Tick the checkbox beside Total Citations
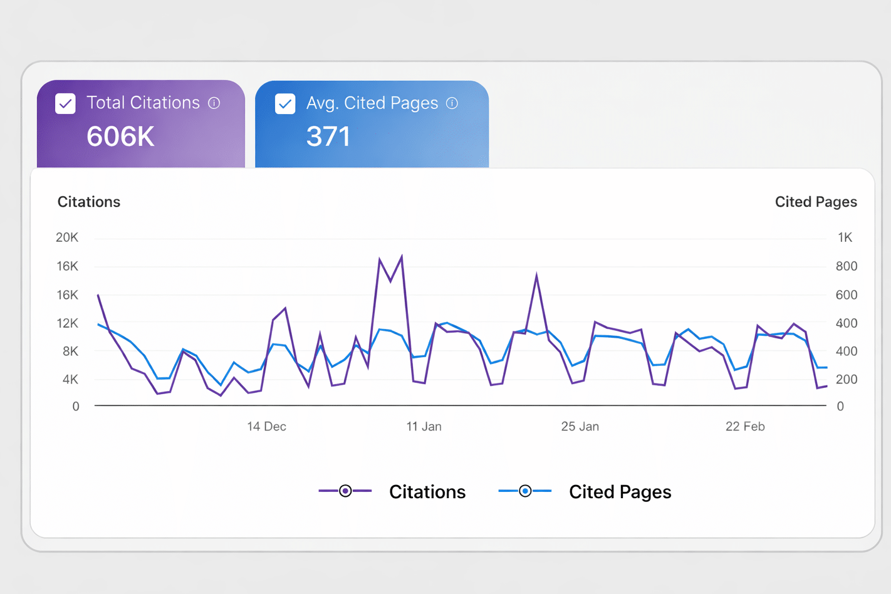pos(66,103)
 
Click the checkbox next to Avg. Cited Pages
pos(285,103)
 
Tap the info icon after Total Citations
pos(214,103)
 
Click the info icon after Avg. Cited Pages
pos(452,103)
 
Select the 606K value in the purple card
pos(120,137)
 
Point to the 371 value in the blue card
pos(328,137)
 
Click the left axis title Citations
pos(89,202)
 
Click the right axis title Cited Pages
pos(815,202)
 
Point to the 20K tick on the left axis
pos(67,237)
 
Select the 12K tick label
pos(67,323)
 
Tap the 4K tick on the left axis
pos(70,379)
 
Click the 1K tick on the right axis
pos(845,237)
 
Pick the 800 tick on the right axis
pos(846,266)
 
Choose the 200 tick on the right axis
pos(846,379)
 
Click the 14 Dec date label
pos(266,427)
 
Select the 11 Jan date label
pos(424,427)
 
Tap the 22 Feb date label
pos(744,427)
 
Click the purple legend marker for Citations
pos(345,491)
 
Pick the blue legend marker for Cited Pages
pos(525,491)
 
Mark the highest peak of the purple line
pos(402,256)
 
